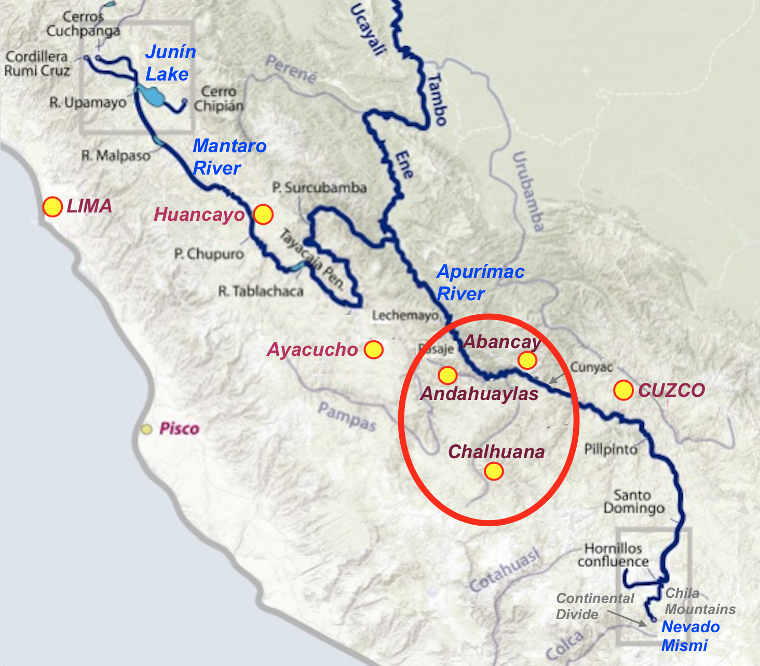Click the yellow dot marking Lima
point(52,207)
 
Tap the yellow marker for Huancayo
point(263,214)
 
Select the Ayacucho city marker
point(374,350)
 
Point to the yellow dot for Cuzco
point(623,390)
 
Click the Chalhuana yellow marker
point(494,471)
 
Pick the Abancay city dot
point(527,360)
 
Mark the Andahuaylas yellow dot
point(447,375)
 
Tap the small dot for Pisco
point(147,430)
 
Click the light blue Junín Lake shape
point(151,96)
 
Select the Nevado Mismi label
point(690,636)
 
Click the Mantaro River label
point(229,157)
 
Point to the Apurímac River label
point(480,283)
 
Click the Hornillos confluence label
point(613,555)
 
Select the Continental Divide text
point(595,606)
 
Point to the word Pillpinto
point(610,449)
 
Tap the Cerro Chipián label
point(219,99)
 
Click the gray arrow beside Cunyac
point(557,378)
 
